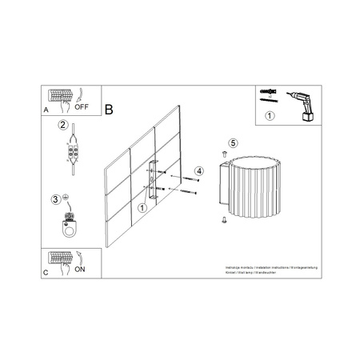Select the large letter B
click(x=110, y=106)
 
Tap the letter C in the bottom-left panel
click(x=45, y=272)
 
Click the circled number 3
click(x=56, y=199)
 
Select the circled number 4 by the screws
click(x=199, y=170)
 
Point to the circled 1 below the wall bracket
click(x=142, y=207)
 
